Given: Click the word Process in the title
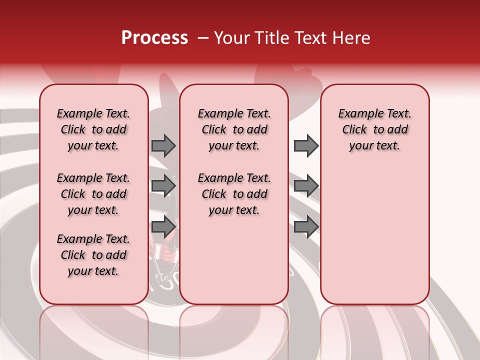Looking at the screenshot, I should (154, 38).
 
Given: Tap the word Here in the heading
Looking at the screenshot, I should (351, 38).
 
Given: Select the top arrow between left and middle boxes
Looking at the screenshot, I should (163, 145).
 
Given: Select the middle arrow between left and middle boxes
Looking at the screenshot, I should (163, 186).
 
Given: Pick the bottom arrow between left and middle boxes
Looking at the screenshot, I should (163, 226).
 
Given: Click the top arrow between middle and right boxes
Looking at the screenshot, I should (306, 145).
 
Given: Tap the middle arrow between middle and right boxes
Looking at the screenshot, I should (306, 186).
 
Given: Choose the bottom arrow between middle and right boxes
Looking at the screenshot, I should (306, 226).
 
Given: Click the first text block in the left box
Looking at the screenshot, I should (93, 129).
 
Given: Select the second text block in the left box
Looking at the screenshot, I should (93, 194).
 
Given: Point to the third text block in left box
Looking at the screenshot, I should (93, 255).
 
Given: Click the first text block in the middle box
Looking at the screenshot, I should (234, 129).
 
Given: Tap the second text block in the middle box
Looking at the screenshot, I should (234, 194).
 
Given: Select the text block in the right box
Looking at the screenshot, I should (374, 129).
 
